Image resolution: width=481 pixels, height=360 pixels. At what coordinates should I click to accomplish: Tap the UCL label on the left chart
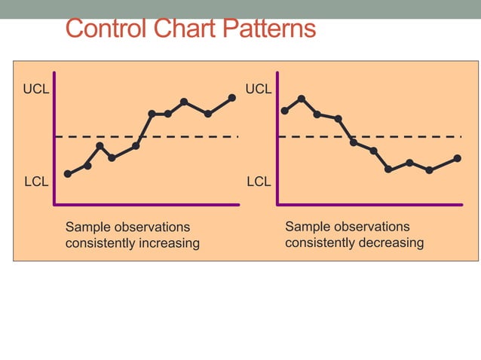pos(36,90)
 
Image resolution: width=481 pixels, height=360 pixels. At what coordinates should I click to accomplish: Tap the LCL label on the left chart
pos(36,182)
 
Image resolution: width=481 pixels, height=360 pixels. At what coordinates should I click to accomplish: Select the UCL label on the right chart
pos(259,90)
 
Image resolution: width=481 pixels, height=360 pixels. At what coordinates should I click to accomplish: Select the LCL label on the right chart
pos(259,182)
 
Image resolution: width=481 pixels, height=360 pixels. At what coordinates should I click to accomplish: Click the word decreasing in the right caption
pos(392,243)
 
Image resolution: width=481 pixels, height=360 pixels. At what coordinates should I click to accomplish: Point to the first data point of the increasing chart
pos(68,174)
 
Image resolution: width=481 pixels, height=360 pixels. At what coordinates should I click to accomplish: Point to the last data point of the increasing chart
pos(231,98)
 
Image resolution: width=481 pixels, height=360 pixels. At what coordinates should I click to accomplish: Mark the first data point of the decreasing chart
pos(284,111)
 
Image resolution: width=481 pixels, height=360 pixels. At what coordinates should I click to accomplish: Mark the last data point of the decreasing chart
pos(458,158)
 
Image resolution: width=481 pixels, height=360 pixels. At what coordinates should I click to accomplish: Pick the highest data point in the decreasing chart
pos(302,99)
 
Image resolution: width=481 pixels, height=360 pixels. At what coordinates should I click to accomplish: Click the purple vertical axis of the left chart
pos(54,136)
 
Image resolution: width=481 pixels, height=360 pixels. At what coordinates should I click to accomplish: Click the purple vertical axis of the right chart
pos(277,136)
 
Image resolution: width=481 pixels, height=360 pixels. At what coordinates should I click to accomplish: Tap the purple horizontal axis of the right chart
pos(369,204)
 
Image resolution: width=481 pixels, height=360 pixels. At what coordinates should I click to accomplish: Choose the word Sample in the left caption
pos(84,227)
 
